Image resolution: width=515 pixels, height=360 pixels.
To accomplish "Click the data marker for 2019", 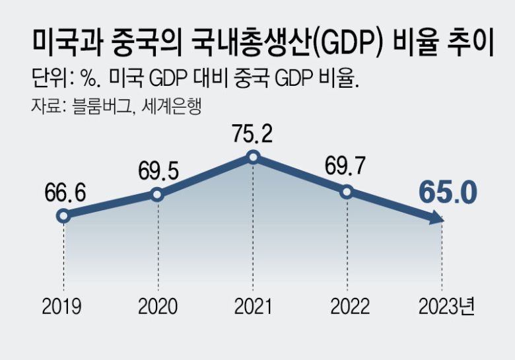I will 63,215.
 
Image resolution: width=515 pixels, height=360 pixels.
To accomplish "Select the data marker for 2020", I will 157,194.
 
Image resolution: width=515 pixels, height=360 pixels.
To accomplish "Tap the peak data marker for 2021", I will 253,157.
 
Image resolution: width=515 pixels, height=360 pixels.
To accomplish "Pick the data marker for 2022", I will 347,192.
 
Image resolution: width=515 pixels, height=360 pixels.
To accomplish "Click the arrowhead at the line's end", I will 436,221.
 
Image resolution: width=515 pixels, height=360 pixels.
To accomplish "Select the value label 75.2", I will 253,135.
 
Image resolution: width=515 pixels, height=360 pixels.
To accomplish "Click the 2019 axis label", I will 63,306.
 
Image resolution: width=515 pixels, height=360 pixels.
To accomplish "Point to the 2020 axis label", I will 157,306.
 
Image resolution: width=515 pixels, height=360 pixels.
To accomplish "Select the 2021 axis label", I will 253,306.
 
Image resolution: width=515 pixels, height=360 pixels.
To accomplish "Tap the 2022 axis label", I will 347,306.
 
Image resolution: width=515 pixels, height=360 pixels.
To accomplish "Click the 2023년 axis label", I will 446,306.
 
